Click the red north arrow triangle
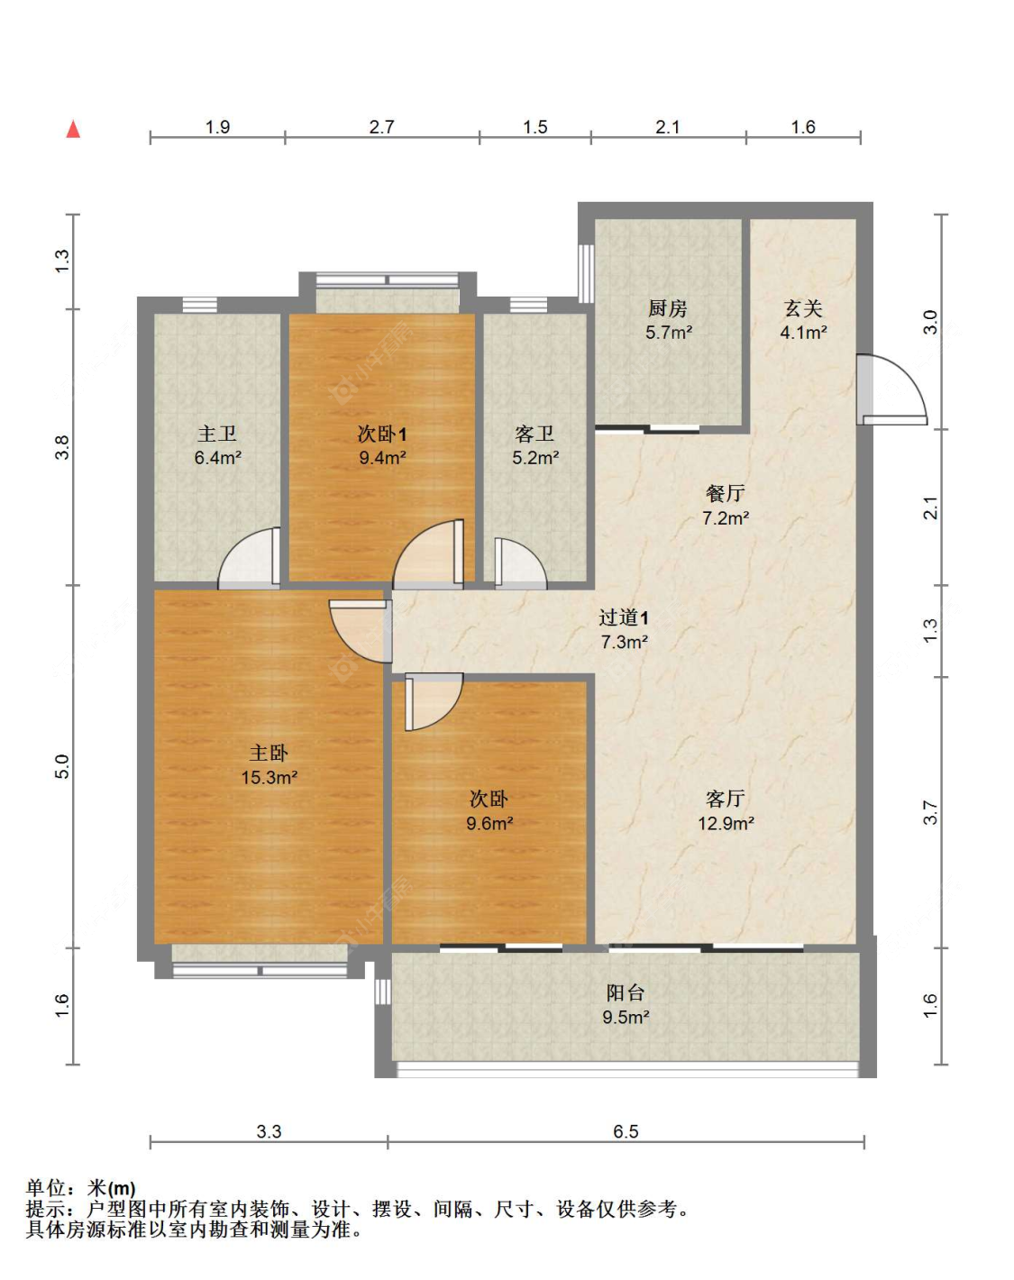[x=73, y=129]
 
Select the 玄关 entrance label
[x=803, y=308]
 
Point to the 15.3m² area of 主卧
[x=269, y=777]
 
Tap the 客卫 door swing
[x=520, y=564]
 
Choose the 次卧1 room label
[x=382, y=434]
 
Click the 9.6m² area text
[x=489, y=823]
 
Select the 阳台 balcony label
[x=625, y=992]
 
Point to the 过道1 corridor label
[x=623, y=618]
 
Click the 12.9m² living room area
[x=726, y=823]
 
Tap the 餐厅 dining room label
[x=725, y=493]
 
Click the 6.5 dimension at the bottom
[x=626, y=1131]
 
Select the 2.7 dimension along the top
[x=381, y=127]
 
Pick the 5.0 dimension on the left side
[x=62, y=766]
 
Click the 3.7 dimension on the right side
[x=931, y=812]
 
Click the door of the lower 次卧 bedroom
[x=434, y=702]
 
